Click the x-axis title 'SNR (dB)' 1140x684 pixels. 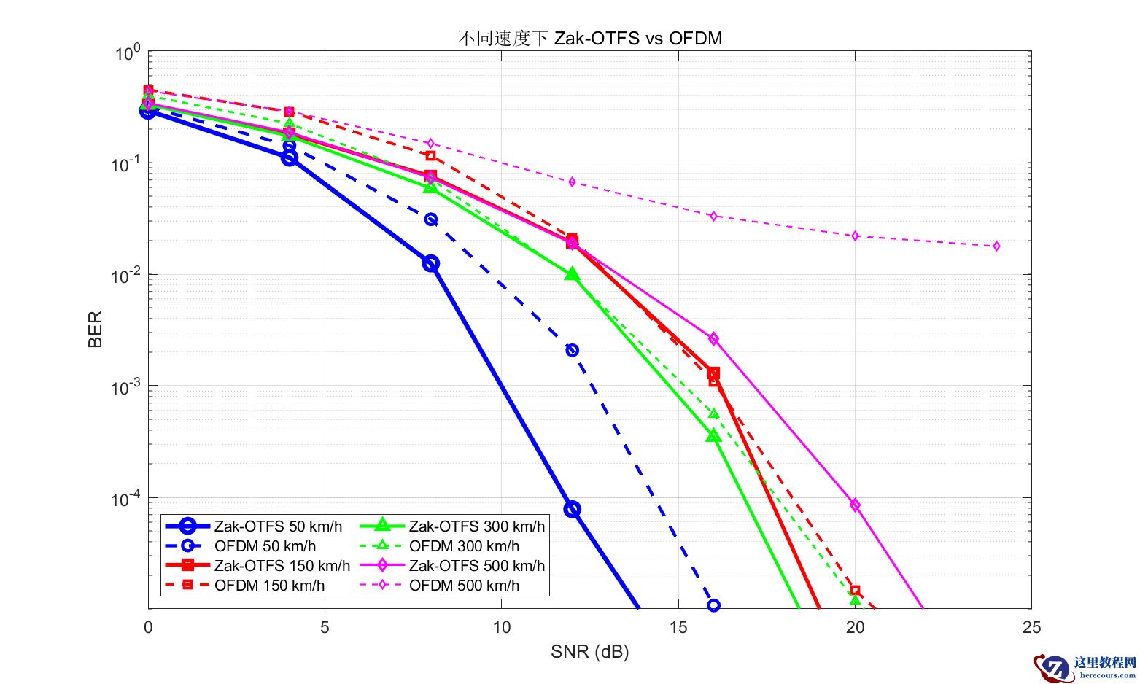point(589,651)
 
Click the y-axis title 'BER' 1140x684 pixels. point(96,329)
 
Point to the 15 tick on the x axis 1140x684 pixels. point(678,627)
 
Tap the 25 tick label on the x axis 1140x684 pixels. point(1031,627)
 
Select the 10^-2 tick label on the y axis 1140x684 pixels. point(125,276)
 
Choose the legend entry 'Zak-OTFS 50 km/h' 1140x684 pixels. point(277,526)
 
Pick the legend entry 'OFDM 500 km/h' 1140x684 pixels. point(464,586)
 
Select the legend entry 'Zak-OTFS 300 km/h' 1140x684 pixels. point(476,526)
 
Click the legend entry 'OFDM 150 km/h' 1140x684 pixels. point(269,586)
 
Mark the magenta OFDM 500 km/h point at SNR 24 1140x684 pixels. point(996,246)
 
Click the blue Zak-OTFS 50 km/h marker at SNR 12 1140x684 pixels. point(573,509)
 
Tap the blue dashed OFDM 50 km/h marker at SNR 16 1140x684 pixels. point(713,605)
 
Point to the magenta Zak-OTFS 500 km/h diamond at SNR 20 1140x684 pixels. point(855,505)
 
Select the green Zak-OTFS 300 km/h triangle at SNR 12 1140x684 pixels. point(572,274)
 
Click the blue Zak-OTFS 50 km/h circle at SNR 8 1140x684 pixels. point(431,263)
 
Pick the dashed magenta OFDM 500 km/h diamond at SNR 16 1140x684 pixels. point(713,216)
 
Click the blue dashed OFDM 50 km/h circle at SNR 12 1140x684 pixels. point(573,350)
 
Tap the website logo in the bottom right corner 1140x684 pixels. point(1084,666)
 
